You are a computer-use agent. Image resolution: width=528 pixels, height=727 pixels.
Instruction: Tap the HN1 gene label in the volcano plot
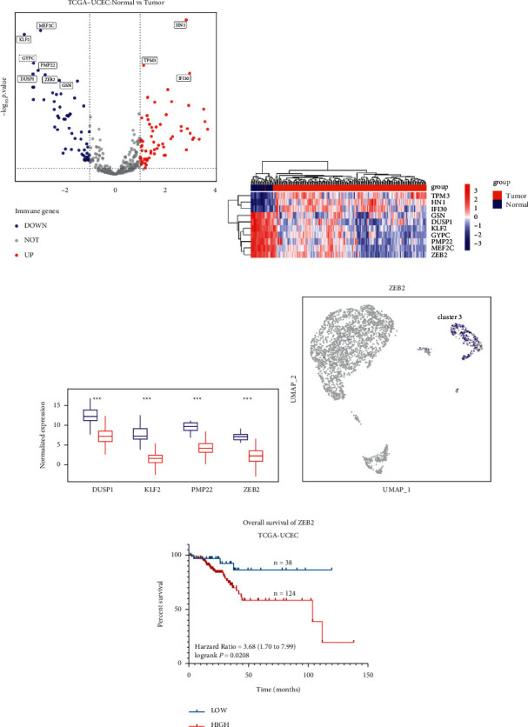pyautogui.click(x=180, y=26)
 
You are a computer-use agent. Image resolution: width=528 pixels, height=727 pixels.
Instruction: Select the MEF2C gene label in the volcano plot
pyautogui.click(x=46, y=26)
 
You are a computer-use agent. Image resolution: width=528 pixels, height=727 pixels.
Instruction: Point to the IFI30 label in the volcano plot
pyautogui.click(x=184, y=78)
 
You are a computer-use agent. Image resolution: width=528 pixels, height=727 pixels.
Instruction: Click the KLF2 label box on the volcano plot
pyautogui.click(x=24, y=39)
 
